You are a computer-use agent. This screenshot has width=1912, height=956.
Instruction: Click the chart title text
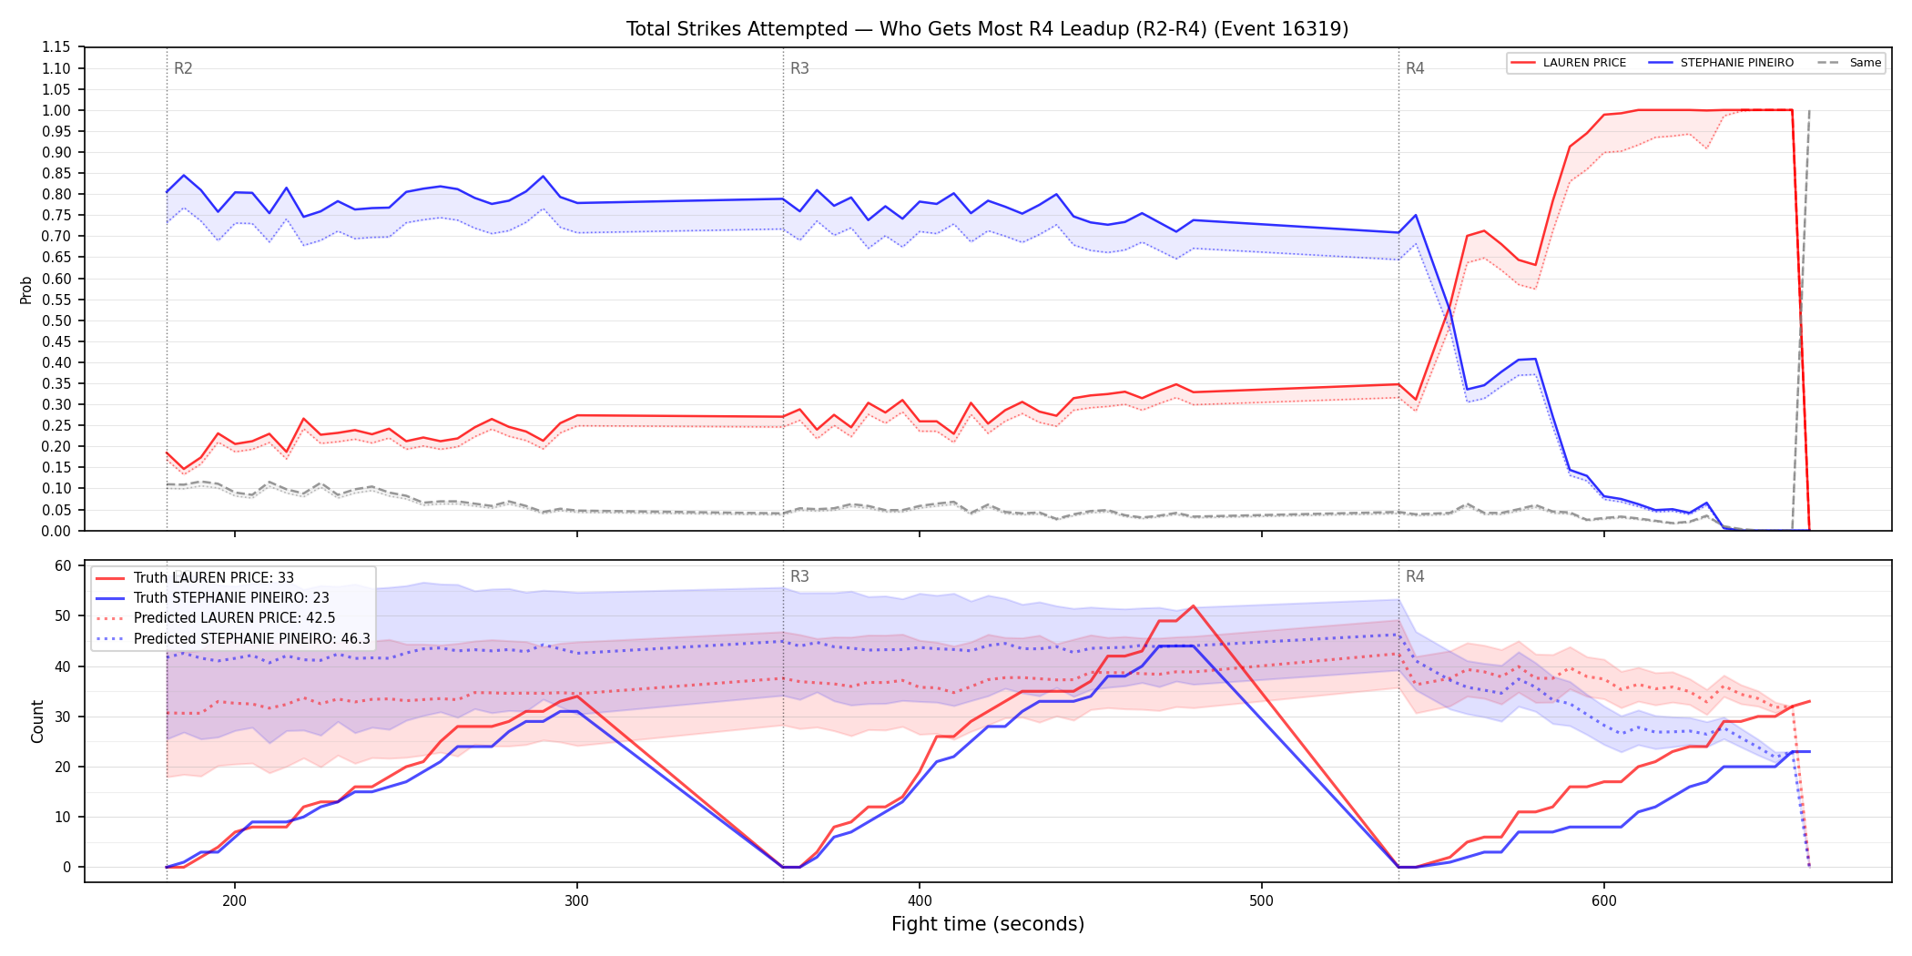coord(987,29)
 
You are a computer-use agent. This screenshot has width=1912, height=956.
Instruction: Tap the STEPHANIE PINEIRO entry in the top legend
coord(1721,63)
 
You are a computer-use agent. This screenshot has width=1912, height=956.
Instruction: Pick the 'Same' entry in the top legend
coord(1849,63)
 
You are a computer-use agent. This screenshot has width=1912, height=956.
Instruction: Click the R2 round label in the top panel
coord(183,68)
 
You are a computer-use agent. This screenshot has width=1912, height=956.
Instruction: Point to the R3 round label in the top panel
coord(799,68)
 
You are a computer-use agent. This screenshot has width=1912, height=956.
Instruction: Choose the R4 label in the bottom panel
coord(1415,576)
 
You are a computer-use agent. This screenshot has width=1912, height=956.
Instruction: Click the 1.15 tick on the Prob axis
coord(56,47)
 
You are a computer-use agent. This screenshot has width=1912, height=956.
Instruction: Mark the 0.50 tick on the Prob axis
coord(56,320)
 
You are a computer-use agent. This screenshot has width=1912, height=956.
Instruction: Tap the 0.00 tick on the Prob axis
coord(56,531)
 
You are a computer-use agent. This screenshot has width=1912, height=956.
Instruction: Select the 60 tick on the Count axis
coord(63,565)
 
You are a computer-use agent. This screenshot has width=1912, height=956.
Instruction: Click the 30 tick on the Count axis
coord(63,717)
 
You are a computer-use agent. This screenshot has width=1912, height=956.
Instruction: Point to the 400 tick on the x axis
coord(919,901)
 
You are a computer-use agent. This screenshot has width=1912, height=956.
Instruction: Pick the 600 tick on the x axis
coord(1603,901)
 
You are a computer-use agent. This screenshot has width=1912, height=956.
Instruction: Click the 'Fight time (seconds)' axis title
coord(988,924)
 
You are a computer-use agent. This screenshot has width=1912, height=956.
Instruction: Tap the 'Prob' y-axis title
coord(26,290)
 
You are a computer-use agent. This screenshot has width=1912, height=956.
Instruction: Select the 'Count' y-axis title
coord(37,721)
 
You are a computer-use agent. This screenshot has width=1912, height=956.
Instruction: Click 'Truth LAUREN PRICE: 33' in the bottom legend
coord(214,578)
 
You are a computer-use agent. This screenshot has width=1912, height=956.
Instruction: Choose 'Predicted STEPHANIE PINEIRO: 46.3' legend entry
coord(252,638)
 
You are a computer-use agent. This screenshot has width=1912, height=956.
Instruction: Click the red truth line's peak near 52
coord(1193,605)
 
